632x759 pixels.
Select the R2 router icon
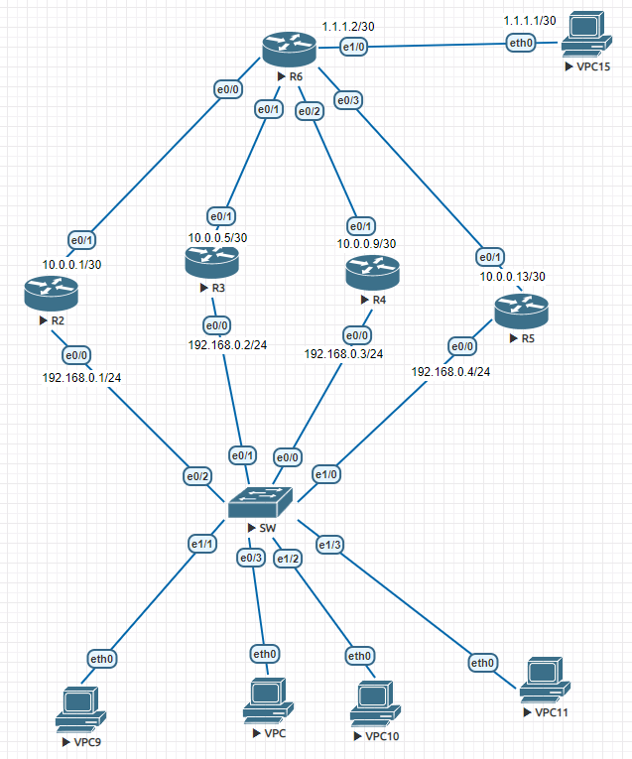click(51, 292)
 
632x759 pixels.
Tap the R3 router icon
click(211, 263)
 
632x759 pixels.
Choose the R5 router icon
click(521, 311)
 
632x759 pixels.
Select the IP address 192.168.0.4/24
click(450, 371)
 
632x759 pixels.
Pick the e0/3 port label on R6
click(348, 100)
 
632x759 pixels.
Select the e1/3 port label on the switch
click(329, 545)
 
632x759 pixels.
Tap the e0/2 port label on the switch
click(197, 476)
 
